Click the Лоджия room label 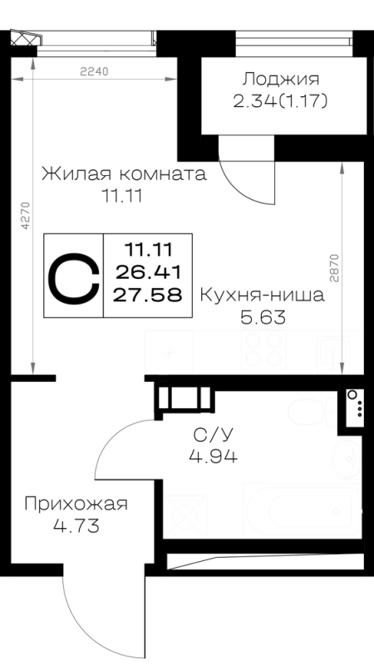click(281, 79)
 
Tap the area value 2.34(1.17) click(280, 101)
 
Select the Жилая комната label click(124, 174)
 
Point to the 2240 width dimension click(94, 71)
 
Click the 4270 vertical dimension click(26, 215)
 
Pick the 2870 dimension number click(335, 268)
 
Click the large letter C click(73, 276)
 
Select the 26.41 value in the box click(148, 272)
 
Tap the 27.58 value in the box click(148, 295)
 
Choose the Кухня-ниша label click(262, 295)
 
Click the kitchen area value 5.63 click(263, 317)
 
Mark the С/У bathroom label click(214, 434)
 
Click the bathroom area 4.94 click(214, 456)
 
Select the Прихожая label click(76, 505)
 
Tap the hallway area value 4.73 click(76, 526)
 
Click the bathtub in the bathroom click(303, 511)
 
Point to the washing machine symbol click(185, 516)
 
